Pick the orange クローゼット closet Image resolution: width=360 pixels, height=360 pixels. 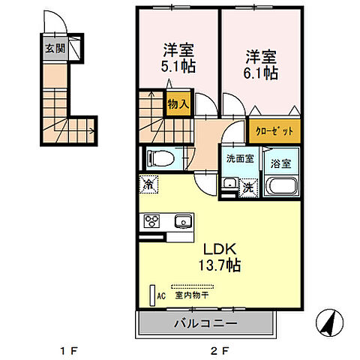click(272, 130)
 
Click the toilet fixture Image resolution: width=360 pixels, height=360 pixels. click(157, 158)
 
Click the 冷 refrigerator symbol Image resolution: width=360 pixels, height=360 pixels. click(149, 183)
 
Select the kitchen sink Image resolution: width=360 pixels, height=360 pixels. click(182, 221)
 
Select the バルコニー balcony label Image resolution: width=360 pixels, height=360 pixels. click(208, 323)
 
